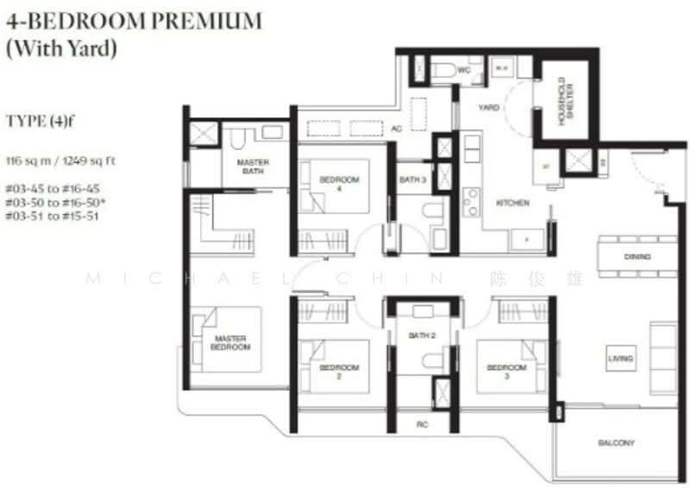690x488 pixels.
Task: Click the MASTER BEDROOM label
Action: click(x=230, y=342)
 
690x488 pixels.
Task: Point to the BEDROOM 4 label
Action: click(x=339, y=183)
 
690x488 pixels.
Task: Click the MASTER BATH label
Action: click(x=252, y=167)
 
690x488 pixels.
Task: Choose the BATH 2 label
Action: click(x=421, y=334)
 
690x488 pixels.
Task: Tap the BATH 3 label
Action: click(x=411, y=180)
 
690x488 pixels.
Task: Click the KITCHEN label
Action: click(x=512, y=204)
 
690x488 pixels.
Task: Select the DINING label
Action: click(x=637, y=257)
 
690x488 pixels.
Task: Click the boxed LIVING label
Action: click(x=619, y=358)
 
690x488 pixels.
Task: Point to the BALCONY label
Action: click(x=616, y=443)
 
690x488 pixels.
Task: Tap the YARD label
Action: click(x=489, y=108)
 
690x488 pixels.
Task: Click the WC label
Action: click(x=462, y=69)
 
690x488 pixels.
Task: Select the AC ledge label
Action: click(x=398, y=129)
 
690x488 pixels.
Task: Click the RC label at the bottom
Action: click(x=423, y=425)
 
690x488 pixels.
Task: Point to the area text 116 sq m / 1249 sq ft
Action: click(x=60, y=161)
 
